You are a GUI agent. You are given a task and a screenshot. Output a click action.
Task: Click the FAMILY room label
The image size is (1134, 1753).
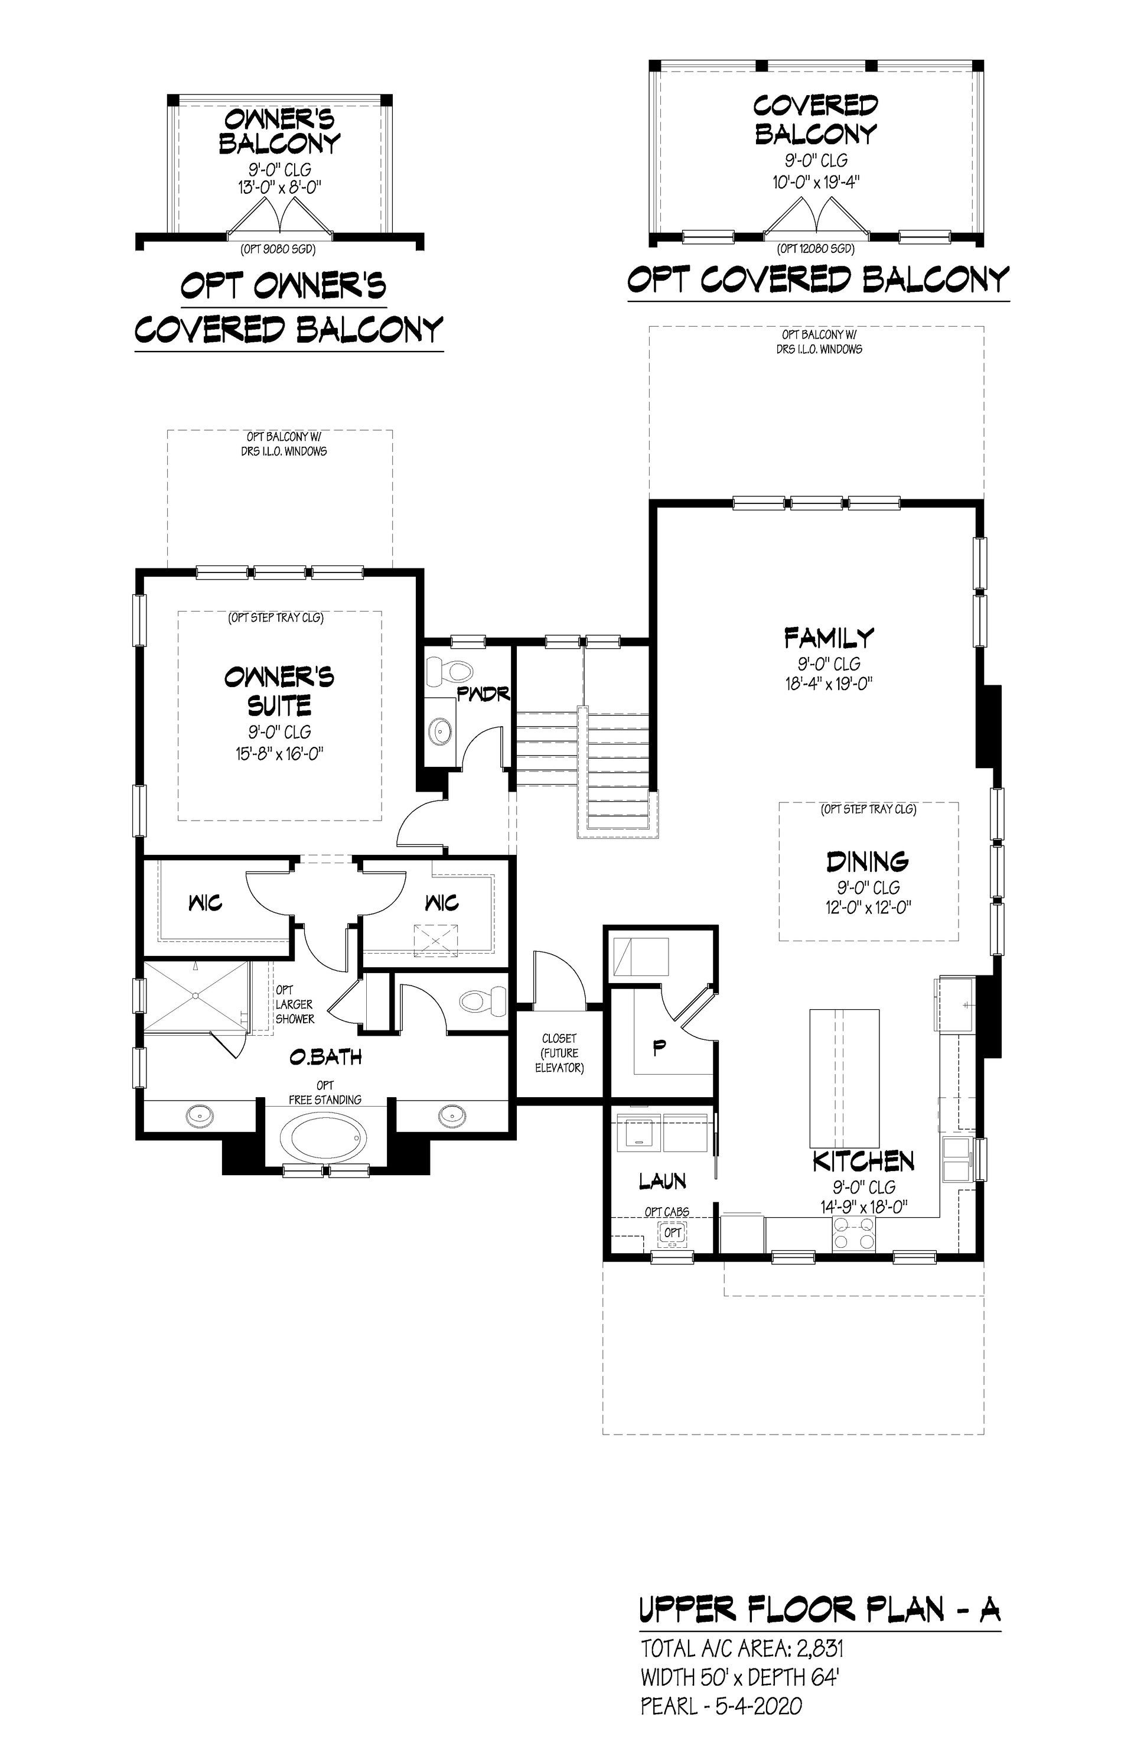click(x=829, y=636)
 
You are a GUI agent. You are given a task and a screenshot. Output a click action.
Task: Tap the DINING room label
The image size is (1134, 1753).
click(x=868, y=861)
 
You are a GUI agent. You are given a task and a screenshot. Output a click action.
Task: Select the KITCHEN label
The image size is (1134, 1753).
click(x=863, y=1162)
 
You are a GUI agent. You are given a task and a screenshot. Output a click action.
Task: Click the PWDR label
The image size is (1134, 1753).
click(x=484, y=693)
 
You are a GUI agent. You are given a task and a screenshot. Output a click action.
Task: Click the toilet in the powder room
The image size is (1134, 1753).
click(x=450, y=669)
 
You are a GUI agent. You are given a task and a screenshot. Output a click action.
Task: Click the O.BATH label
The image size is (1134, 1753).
click(x=325, y=1057)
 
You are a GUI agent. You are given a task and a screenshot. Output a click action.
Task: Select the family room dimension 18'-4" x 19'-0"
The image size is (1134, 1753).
click(x=829, y=684)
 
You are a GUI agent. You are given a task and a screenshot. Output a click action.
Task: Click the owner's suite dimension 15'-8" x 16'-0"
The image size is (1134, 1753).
click(x=280, y=753)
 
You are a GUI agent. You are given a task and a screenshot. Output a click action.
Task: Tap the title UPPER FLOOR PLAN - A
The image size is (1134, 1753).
click(x=820, y=1611)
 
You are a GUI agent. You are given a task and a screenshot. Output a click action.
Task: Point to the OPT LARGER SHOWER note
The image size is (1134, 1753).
click(x=295, y=1004)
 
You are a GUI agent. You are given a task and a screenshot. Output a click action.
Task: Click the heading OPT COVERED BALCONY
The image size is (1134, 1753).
click(x=817, y=280)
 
